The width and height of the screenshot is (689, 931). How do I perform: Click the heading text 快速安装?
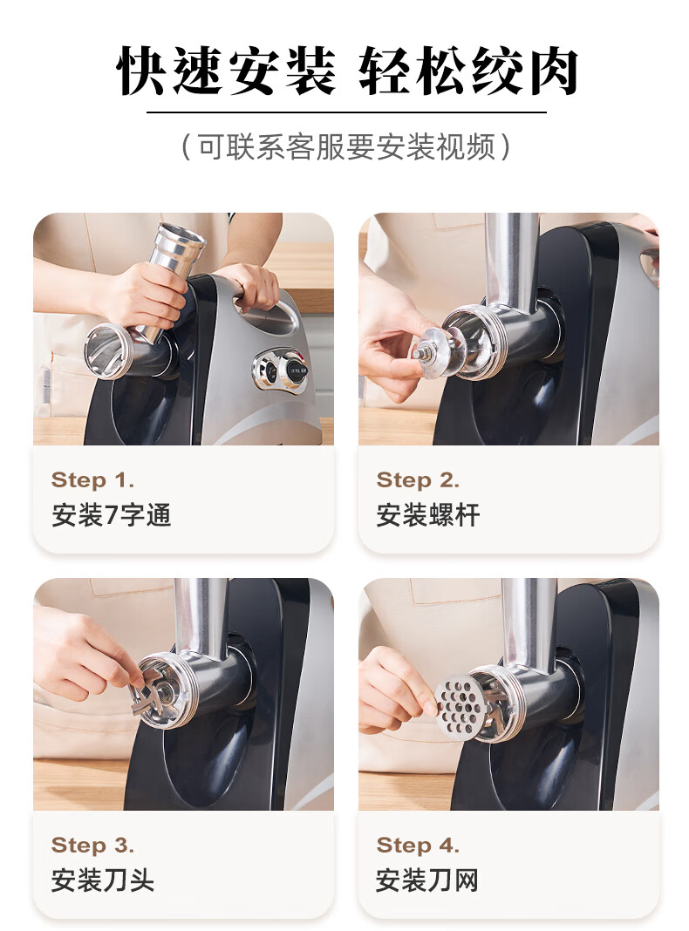[x=225, y=71]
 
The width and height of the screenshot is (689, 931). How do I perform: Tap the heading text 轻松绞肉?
[x=468, y=71]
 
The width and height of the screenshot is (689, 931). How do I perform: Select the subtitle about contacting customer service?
[x=345, y=146]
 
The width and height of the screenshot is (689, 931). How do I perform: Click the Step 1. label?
[x=92, y=479]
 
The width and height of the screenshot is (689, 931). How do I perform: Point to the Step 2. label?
[x=418, y=479]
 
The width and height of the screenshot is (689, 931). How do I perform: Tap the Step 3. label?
[x=92, y=845]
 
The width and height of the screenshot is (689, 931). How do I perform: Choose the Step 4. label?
[x=418, y=845]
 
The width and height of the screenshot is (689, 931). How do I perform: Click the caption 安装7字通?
[x=111, y=515]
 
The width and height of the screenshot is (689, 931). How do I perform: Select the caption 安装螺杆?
[x=427, y=515]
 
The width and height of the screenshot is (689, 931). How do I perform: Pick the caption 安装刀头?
[x=103, y=880]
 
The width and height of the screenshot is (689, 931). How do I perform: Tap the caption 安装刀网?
[x=427, y=880]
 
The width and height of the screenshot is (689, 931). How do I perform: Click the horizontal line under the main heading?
[x=346, y=112]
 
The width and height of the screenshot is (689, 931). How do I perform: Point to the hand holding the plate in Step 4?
[x=396, y=690]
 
